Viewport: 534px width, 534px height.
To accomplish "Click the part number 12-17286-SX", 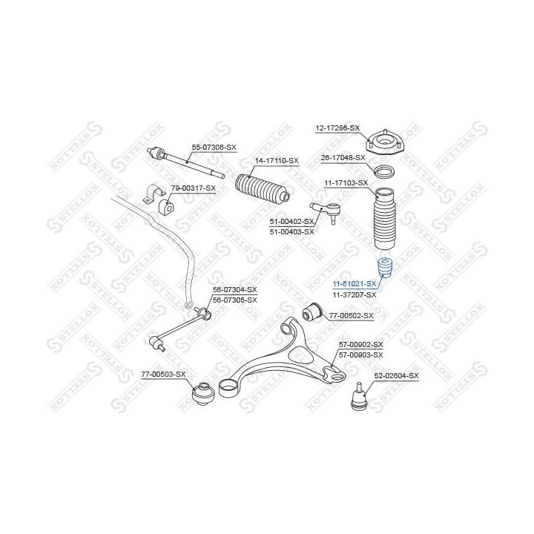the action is point(337,128).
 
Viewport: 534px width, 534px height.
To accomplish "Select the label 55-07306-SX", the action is point(214,148).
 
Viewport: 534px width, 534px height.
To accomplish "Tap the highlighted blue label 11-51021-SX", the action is point(355,283).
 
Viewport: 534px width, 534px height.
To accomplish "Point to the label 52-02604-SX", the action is point(396,375).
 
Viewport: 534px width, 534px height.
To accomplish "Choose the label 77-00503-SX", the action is point(163,375).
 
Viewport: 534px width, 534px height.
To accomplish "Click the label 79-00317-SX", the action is point(193,188).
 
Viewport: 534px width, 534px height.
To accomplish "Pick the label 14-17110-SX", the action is point(277,160).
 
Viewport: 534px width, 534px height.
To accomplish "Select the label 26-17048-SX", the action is point(343,158).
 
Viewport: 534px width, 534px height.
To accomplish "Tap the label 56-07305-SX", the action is point(235,300).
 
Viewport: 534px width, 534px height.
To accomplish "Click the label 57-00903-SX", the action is point(360,355).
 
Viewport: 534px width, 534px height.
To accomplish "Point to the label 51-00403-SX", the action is point(292,232).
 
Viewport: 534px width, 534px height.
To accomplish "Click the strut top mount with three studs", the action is point(385,142).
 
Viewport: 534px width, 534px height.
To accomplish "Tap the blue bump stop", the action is point(385,268).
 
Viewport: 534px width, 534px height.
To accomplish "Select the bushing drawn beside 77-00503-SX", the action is point(203,394).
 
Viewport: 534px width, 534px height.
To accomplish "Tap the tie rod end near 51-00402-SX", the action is point(326,211).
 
